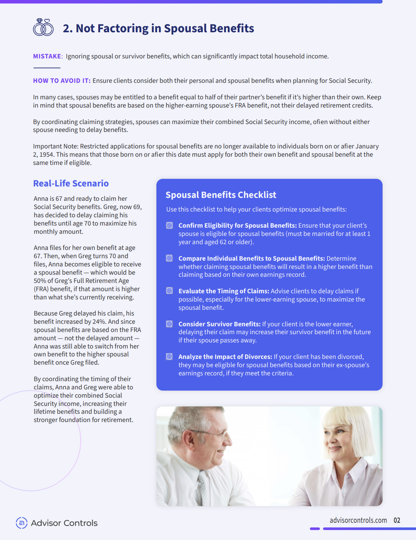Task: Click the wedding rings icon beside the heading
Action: coord(43,28)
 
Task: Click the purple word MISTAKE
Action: coord(47,56)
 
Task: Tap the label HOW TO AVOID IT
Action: coord(61,81)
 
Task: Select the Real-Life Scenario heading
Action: coord(71,183)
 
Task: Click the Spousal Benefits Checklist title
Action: coord(221,195)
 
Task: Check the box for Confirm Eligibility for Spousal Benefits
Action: coord(169,225)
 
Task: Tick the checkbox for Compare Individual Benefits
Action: coord(169,258)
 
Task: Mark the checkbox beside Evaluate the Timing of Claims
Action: coord(169,291)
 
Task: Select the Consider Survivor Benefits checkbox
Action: coord(169,324)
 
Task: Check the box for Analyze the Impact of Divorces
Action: coord(169,356)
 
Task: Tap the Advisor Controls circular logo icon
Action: coord(22,523)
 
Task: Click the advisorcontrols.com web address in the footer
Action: coord(358,520)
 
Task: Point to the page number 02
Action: coord(397,520)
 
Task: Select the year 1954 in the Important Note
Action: coord(47,155)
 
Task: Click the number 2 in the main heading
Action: coord(66,28)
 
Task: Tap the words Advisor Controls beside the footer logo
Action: coord(64,523)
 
